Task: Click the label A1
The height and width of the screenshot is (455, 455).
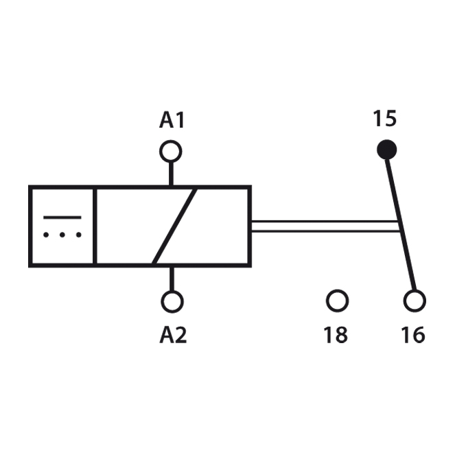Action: pos(172,120)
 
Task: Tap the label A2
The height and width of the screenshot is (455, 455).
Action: pos(173,335)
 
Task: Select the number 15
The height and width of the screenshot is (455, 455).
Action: pos(384,119)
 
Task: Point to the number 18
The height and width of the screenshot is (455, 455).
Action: pos(336,335)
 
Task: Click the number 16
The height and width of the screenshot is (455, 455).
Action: pos(413,335)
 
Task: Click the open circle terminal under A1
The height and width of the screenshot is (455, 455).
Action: pos(171,151)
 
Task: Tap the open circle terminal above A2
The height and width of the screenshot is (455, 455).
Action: pos(172,302)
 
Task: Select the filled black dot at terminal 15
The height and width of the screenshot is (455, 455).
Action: pos(386,150)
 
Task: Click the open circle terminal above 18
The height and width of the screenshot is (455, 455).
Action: pos(337,301)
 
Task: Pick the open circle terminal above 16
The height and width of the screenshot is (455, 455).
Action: pos(415,301)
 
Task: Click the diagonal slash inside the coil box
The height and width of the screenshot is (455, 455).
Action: pos(175,226)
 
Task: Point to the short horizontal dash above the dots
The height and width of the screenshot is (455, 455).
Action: pos(62,218)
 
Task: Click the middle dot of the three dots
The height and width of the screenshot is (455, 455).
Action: pos(62,235)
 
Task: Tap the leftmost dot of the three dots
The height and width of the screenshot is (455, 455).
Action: pos(46,235)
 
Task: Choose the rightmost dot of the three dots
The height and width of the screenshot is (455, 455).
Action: pos(79,235)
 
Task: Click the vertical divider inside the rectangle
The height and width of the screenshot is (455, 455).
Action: pos(95,226)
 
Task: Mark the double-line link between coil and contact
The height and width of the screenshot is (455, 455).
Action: pos(325,226)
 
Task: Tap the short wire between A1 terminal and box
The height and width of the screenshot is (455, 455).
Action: pos(171,174)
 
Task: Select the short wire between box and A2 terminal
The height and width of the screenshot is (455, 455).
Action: pos(172,279)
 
